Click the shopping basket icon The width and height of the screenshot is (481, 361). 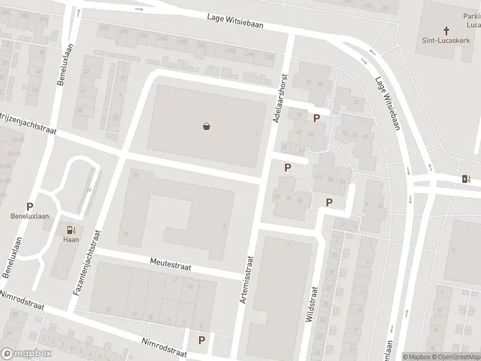click(x=207, y=127)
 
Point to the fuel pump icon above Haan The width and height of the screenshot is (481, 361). click(x=72, y=229)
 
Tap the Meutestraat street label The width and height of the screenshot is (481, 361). click(x=170, y=264)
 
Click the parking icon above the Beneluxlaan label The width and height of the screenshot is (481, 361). click(x=29, y=206)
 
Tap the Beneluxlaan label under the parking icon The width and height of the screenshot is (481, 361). click(x=29, y=217)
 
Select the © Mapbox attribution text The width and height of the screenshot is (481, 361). click(x=417, y=357)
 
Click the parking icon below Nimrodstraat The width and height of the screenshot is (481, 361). click(x=202, y=340)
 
